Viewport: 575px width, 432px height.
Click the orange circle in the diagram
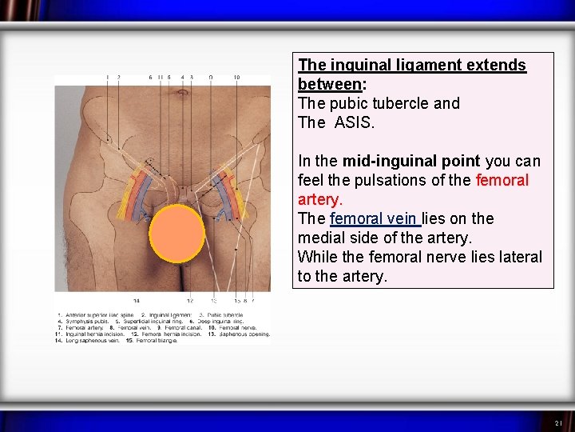tap(176, 234)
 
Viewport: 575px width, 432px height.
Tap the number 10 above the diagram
tap(236, 78)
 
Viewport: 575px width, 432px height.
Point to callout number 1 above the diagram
tap(107, 78)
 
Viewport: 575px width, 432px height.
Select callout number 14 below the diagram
tap(137, 301)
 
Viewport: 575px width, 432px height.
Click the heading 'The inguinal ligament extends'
tap(412, 65)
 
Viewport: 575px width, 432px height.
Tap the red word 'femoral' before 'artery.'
tap(502, 180)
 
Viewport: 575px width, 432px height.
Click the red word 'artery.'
tap(320, 199)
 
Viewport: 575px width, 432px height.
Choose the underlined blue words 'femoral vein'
tap(374, 218)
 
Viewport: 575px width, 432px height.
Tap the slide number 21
tap(558, 422)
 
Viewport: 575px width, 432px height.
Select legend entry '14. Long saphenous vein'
tap(87, 341)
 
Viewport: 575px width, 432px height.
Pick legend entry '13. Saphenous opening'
tap(240, 334)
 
